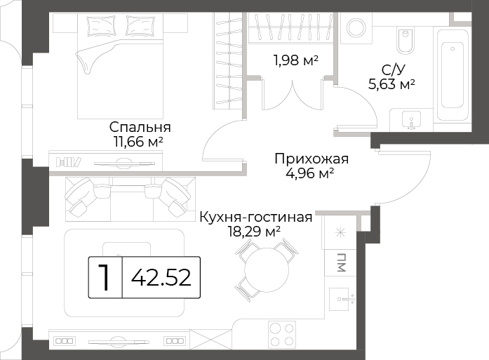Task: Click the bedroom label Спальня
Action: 140,127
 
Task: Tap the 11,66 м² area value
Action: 138,142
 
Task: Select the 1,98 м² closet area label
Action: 296,60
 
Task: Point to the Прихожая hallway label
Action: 312,159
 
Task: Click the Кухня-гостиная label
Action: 256,217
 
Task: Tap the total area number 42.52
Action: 161,278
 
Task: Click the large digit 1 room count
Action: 105,277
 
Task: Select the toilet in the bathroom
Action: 406,40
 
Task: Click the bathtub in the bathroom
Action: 453,75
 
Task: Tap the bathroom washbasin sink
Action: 412,119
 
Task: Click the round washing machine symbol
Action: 356,28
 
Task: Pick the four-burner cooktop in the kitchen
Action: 282,335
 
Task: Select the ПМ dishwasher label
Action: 341,262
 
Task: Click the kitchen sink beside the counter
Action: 342,299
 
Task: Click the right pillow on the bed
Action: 140,25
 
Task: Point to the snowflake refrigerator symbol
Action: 340,233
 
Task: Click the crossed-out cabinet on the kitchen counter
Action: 210,339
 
